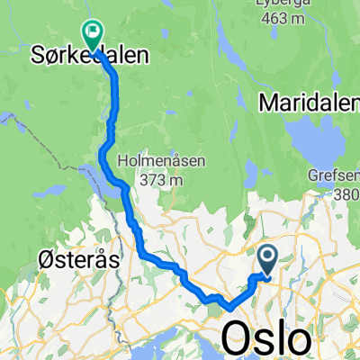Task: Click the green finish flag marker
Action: coord(92,33)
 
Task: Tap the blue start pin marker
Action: coord(268,259)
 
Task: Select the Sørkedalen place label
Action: coord(90,56)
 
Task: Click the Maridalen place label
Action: coord(308,103)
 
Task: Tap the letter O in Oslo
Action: coord(237,339)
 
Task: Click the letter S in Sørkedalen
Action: coord(39,56)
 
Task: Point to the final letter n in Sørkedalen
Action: coord(142,56)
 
